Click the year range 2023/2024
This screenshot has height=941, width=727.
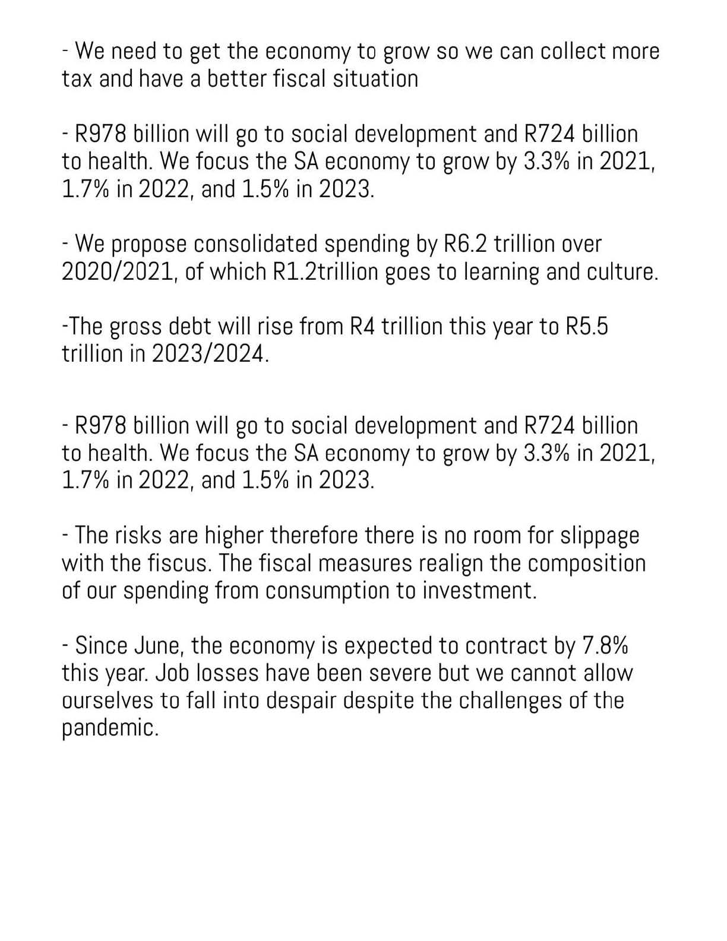pyautogui.click(x=210, y=354)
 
